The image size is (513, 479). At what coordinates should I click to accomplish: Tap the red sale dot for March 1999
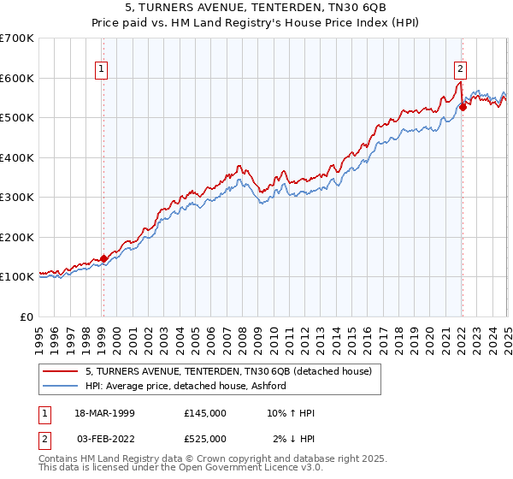click(103, 258)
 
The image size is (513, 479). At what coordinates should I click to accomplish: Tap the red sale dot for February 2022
click(463, 107)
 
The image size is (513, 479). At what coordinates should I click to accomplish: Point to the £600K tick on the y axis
click(17, 78)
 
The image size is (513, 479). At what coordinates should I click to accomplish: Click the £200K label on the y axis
click(17, 237)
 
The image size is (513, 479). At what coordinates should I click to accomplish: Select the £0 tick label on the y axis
click(26, 316)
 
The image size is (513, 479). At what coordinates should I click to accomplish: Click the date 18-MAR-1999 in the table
click(104, 413)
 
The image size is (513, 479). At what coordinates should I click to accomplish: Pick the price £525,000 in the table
click(204, 439)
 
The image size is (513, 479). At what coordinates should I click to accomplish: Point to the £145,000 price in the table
click(204, 413)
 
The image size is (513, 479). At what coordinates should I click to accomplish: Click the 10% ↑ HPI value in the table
click(292, 413)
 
